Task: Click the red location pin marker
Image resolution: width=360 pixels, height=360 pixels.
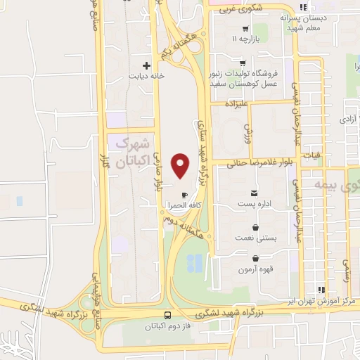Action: tap(181, 166)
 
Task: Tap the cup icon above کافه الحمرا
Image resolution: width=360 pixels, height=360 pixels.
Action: tap(184, 195)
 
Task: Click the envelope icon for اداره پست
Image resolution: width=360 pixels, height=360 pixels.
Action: tap(254, 193)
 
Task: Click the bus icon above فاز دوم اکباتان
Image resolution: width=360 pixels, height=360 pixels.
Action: tap(167, 316)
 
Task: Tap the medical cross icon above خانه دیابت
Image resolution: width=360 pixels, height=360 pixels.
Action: tap(146, 65)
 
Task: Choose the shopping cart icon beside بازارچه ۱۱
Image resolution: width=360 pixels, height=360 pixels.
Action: tap(245, 29)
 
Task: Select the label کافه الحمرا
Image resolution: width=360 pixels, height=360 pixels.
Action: tap(185, 205)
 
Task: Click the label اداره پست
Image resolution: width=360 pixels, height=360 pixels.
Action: tap(254, 205)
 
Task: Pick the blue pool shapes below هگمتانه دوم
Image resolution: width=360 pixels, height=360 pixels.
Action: tap(195, 263)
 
